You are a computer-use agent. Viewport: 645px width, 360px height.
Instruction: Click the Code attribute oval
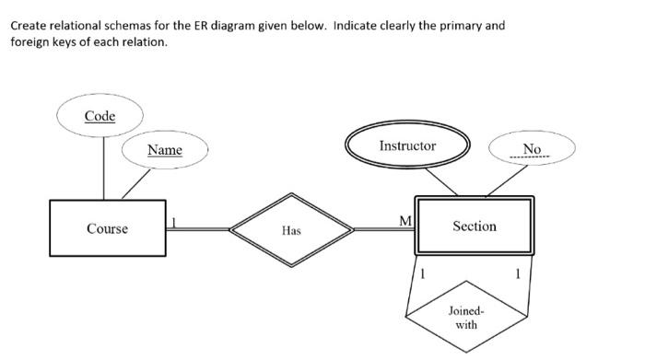100,116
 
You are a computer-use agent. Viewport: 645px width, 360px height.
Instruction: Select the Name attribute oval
165,149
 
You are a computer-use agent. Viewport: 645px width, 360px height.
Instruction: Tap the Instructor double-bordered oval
407,146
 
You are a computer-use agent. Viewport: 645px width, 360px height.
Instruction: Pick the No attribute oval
532,149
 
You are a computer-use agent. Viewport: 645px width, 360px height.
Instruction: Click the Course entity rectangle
108,227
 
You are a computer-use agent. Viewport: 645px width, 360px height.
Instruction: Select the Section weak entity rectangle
475,226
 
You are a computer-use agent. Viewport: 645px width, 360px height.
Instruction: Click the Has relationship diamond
291,230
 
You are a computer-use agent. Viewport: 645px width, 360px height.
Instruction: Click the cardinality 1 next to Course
175,221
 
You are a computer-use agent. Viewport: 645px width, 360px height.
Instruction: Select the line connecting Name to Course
135,184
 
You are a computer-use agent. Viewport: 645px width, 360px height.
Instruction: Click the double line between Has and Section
384,227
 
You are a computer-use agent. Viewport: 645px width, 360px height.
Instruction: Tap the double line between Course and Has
198,227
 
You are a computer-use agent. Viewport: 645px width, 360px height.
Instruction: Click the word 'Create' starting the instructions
29,25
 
